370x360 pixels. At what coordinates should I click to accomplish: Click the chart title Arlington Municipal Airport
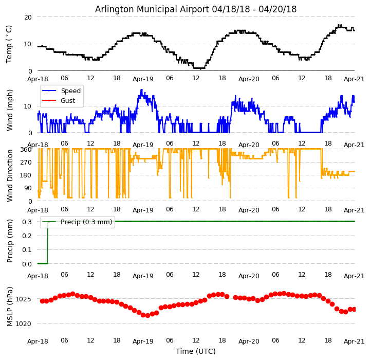(196, 9)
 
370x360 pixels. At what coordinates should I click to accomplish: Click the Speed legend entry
(70, 91)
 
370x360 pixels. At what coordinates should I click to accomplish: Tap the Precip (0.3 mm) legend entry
(84, 222)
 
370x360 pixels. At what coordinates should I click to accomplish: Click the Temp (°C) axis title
(9, 44)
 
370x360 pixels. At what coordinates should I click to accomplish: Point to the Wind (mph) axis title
(10, 110)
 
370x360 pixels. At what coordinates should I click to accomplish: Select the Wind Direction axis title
(10, 175)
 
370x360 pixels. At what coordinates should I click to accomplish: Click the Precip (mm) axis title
(10, 241)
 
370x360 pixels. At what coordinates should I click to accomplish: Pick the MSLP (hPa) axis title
(10, 306)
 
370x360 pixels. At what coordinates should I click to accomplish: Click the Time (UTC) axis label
(196, 351)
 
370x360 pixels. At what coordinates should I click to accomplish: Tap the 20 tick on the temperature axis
(28, 17)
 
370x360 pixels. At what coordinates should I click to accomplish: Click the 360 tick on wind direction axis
(26, 149)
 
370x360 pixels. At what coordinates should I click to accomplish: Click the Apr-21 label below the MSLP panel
(355, 341)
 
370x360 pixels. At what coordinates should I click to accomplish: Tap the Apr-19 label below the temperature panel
(143, 79)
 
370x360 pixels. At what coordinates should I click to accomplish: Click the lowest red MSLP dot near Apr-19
(147, 315)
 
